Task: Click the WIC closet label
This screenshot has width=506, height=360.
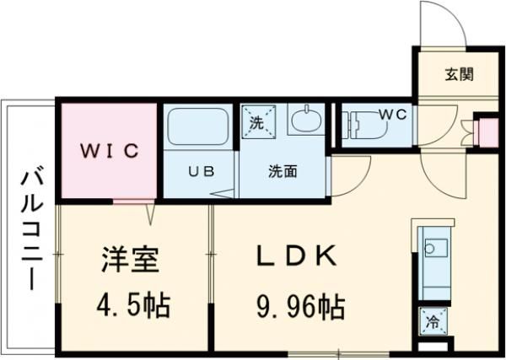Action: point(109,151)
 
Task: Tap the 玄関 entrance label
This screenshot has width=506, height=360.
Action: point(458,74)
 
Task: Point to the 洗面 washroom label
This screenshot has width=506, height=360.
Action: point(283,171)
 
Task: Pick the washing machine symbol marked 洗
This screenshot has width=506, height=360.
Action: point(256,121)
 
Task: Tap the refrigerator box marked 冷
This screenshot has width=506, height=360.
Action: point(432,321)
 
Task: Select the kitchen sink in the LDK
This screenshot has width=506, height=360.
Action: point(433,249)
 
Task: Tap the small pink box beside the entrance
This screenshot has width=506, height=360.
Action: point(486,132)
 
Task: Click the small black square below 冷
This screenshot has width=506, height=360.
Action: point(432,345)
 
